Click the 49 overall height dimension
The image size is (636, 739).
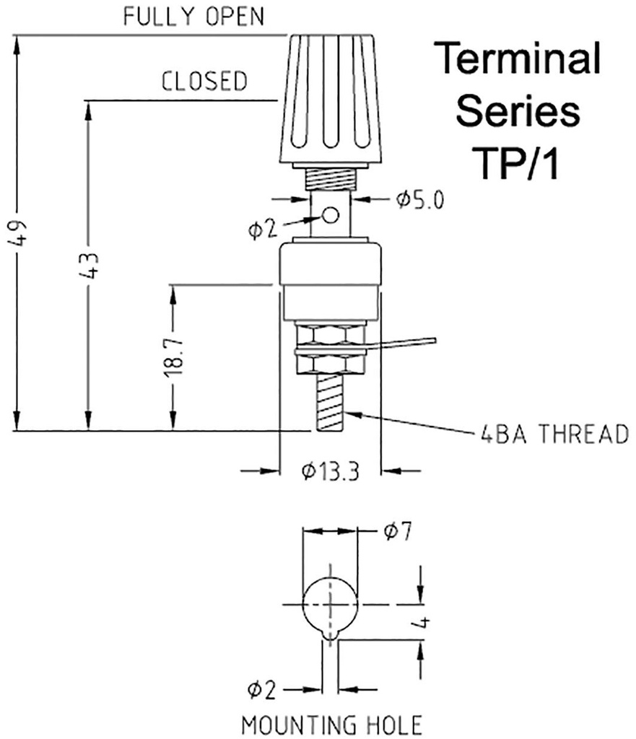[19, 233]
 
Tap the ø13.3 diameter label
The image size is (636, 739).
[330, 471]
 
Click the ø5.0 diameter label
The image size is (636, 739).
[419, 200]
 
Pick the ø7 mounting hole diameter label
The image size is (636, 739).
[397, 531]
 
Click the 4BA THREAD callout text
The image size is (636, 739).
[554, 434]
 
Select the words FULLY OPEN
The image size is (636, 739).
[193, 17]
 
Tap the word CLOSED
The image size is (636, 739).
[204, 81]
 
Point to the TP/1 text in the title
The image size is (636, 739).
[518, 162]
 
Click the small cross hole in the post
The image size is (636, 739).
[331, 215]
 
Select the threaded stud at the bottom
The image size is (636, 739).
[330, 402]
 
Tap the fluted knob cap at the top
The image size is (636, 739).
[330, 100]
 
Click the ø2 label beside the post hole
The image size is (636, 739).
[261, 229]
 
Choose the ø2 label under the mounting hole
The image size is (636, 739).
[261, 690]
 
